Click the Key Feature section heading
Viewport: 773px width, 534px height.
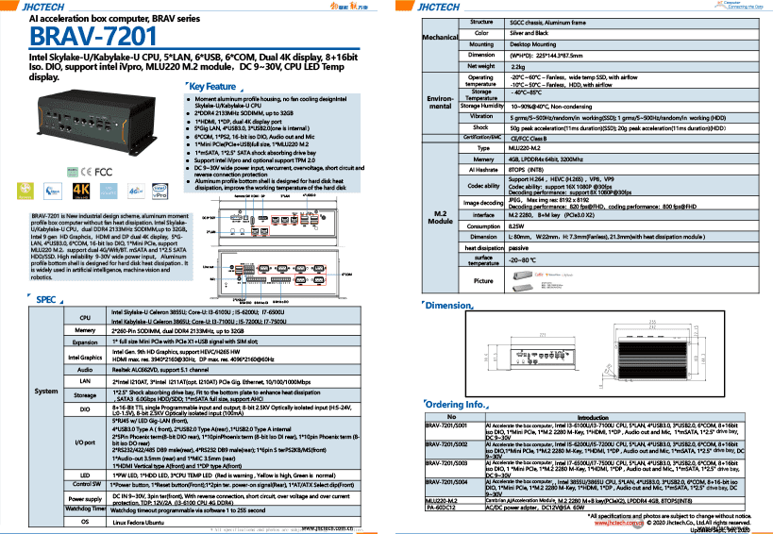coord(214,87)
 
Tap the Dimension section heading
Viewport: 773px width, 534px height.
coord(448,306)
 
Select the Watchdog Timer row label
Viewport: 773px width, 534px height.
coord(85,509)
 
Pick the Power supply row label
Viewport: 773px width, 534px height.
coord(85,497)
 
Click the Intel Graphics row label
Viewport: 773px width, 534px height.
coord(85,358)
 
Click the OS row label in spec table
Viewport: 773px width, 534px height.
coord(85,521)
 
